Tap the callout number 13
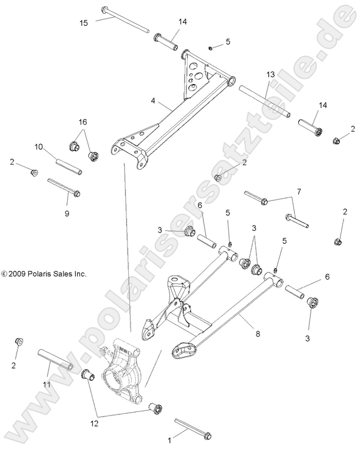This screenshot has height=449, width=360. pyautogui.click(x=271, y=75)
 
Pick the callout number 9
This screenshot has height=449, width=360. pyautogui.click(x=66, y=213)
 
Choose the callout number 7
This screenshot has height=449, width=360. pyautogui.click(x=299, y=192)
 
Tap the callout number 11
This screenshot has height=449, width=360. pyautogui.click(x=47, y=385)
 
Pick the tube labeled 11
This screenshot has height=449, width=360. pyautogui.click(x=56, y=360)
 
